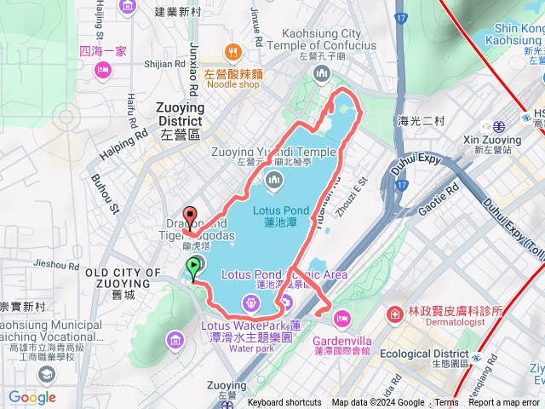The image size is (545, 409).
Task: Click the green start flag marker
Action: click(195, 267)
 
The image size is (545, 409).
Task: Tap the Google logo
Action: click(32, 397)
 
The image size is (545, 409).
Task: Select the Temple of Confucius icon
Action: click(322, 75)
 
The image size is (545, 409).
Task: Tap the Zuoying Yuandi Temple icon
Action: click(274, 179)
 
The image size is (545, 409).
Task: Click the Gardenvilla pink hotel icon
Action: click(341, 318)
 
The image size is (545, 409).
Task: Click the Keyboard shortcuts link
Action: click(284, 403)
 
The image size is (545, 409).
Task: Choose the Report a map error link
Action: click(503, 403)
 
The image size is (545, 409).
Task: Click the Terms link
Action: click(446, 403)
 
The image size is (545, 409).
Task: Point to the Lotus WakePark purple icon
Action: click(249, 302)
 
